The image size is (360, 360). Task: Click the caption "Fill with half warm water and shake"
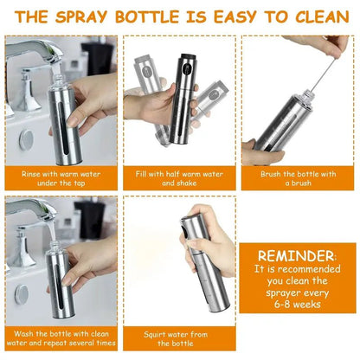point(179,177)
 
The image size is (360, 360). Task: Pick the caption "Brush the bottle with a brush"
point(298,177)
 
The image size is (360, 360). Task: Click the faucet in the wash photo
point(35,212)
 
